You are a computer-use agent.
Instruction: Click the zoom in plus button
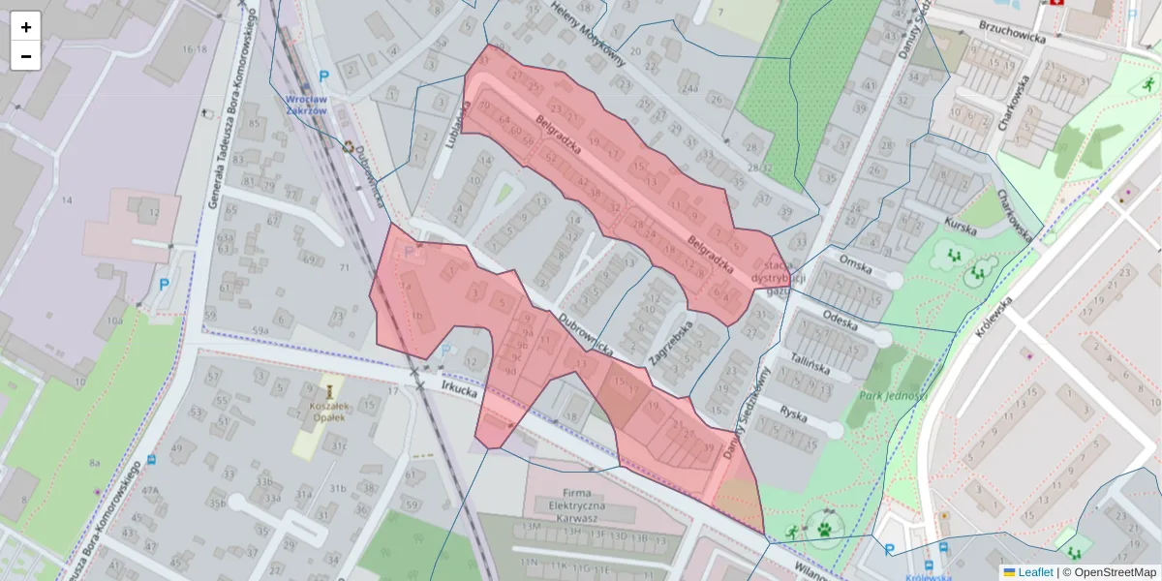point(26,26)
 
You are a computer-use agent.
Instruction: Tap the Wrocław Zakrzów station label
point(306,105)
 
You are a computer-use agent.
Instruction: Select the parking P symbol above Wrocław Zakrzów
point(324,76)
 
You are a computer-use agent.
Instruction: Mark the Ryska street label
point(794,413)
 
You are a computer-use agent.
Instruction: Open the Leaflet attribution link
point(1034,572)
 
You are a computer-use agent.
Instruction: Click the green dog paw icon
point(824,530)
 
